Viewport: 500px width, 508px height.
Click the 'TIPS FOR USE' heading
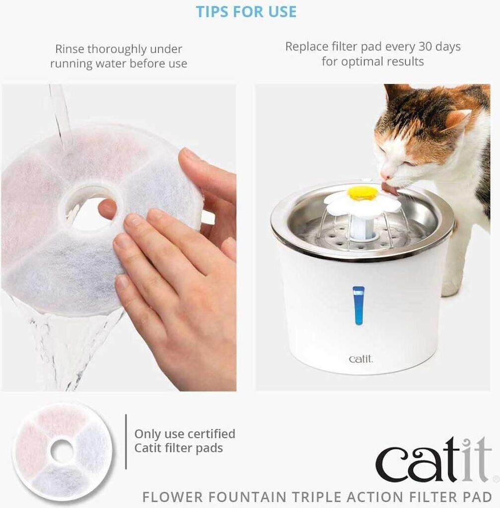(x=246, y=12)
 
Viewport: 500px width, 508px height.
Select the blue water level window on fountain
(x=358, y=305)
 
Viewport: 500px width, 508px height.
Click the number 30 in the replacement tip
(x=425, y=46)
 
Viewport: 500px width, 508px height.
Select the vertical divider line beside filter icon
(x=126, y=441)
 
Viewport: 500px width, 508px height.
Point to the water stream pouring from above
(x=60, y=117)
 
